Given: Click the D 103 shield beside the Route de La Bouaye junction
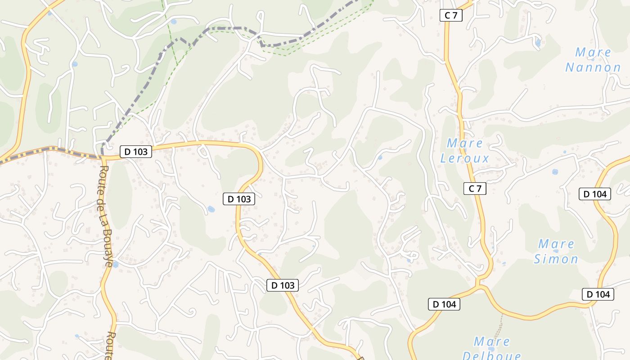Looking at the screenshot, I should click(136, 152).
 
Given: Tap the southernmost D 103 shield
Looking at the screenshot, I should click(283, 285).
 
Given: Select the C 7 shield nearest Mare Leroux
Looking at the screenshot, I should click(475, 189).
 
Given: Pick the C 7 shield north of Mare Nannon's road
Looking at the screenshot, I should click(451, 15).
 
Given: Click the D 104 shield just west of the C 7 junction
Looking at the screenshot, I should click(444, 304).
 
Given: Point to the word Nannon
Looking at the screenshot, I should click(593, 68).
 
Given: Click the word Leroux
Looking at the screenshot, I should click(464, 158).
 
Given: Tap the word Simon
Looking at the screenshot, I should click(556, 259).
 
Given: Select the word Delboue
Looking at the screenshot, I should click(491, 356).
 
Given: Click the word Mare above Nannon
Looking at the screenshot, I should click(593, 52).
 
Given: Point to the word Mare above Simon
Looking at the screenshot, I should click(556, 244).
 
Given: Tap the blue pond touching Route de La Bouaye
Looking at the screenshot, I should click(116, 264).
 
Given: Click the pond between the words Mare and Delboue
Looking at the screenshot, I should click(491, 349).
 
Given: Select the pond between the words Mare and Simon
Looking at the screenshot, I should click(557, 251).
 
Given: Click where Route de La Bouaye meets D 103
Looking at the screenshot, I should click(103, 157).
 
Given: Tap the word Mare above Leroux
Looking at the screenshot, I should click(464, 144).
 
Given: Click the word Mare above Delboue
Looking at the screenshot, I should click(492, 341).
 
